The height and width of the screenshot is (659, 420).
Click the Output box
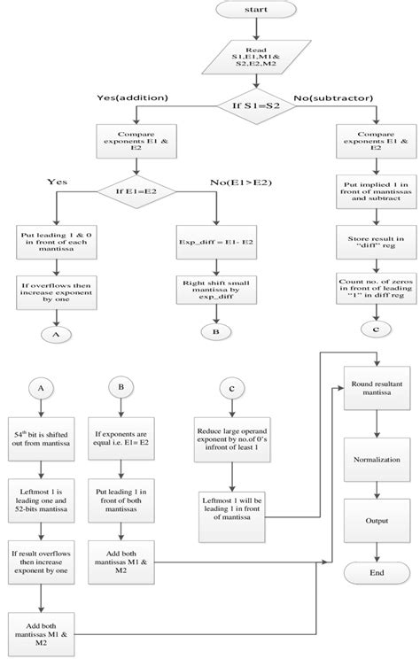(x=378, y=522)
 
